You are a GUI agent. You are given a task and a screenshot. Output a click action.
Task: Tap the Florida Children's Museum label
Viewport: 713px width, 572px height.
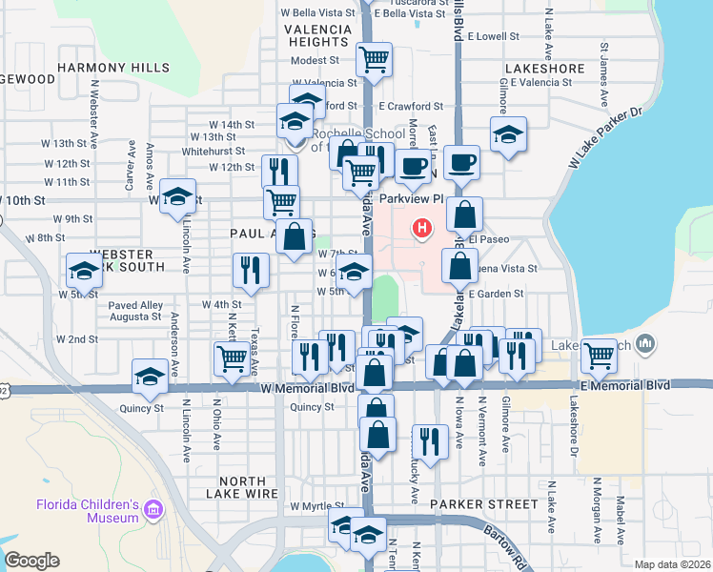88,511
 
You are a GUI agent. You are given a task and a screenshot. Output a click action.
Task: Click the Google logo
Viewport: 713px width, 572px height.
31,561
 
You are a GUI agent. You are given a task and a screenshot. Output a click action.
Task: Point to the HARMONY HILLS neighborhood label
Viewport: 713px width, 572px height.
113,68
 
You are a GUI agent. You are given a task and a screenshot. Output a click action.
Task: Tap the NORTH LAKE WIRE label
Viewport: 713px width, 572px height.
243,487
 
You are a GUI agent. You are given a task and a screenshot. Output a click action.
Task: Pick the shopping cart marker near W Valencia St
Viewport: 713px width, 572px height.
375,60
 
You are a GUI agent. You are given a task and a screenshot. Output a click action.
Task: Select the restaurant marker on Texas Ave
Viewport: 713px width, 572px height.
250,270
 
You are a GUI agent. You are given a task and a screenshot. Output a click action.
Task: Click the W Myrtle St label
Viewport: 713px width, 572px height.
317,505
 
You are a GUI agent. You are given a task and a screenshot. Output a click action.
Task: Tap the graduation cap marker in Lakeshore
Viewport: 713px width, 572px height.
509,135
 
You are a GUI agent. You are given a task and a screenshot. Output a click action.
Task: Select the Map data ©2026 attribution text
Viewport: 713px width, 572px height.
671,564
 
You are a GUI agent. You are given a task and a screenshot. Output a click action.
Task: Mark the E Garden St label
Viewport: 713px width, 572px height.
497,294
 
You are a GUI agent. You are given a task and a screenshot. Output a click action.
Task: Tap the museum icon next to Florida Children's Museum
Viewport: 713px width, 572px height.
153,512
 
